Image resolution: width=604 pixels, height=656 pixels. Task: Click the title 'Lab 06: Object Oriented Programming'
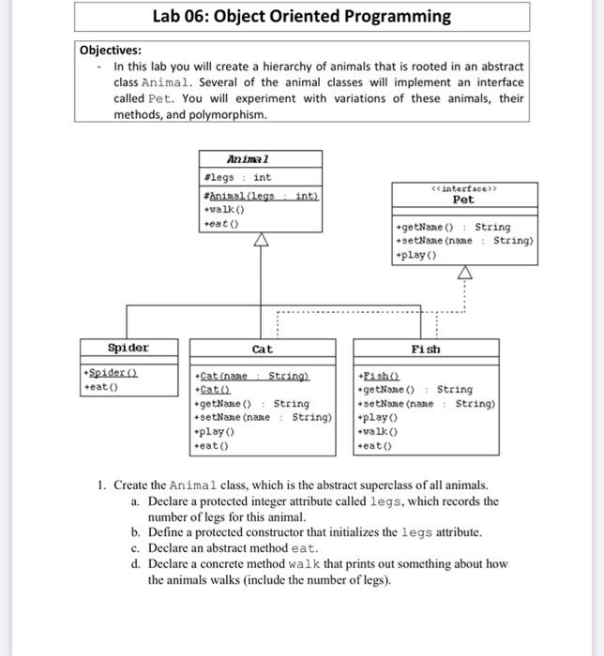(x=301, y=17)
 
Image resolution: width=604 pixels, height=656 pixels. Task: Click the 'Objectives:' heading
(x=111, y=51)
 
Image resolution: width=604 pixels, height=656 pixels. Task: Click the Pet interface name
(x=463, y=200)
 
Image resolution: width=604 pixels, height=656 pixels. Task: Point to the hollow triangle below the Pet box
(x=465, y=273)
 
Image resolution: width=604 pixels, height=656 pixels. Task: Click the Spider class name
(x=128, y=349)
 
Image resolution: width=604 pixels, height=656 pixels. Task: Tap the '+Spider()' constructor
(x=111, y=372)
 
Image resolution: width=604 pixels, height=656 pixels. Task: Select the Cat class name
(x=262, y=350)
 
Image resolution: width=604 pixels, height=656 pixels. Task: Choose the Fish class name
(x=426, y=350)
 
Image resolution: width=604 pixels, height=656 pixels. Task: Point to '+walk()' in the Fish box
(x=379, y=433)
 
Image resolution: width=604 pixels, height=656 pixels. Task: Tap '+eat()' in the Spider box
(x=100, y=385)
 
